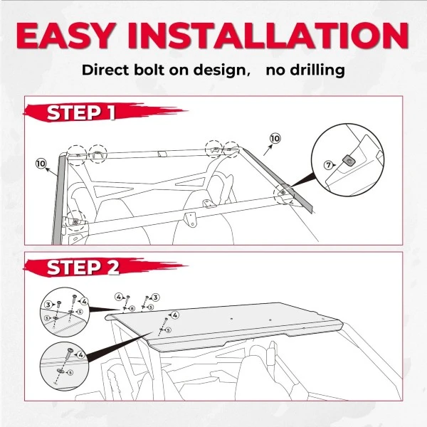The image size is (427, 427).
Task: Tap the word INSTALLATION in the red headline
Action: coord(268,36)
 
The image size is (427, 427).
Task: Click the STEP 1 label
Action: coord(81,112)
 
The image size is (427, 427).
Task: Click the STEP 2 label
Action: coord(83,267)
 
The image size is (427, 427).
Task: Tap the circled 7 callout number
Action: coord(328,165)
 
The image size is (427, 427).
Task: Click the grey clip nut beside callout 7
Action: coord(348,161)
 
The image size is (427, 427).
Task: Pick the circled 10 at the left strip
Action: coord(41,164)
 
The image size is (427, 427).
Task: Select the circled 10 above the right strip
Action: coord(275,138)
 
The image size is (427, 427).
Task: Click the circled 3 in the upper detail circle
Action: coord(48,305)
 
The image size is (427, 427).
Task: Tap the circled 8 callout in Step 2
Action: coord(132,309)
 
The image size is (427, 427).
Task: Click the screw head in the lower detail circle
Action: coord(70,350)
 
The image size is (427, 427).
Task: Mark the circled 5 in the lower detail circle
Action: coord(70,372)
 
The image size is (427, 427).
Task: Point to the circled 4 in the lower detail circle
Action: coord(81,355)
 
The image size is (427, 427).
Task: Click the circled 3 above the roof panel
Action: coord(155,297)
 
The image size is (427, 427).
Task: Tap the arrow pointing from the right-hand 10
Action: coord(268,150)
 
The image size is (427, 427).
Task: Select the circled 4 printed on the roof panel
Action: coord(174,315)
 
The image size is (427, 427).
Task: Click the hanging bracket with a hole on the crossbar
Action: coord(191,219)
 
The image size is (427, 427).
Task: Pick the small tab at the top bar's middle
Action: coord(163,154)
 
